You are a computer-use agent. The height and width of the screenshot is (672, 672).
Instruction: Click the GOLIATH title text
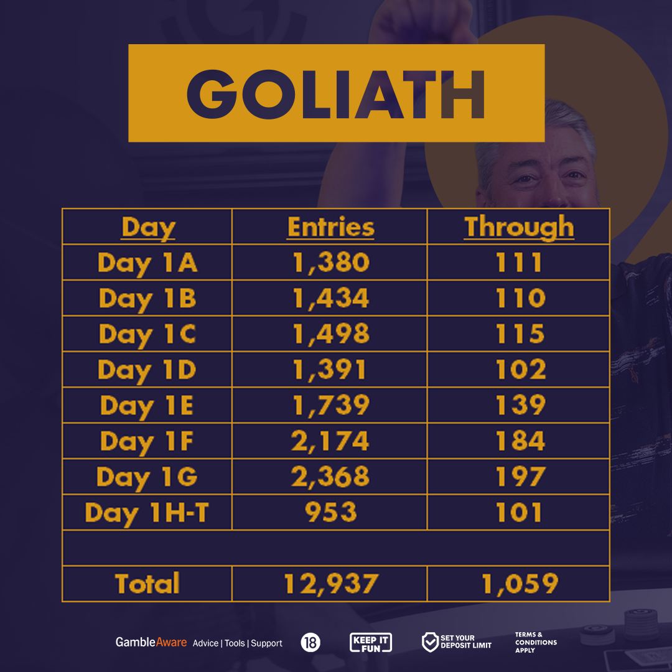(x=335, y=94)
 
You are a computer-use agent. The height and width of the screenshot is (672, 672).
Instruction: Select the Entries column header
(x=330, y=226)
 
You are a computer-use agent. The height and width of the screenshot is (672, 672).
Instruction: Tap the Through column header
(x=519, y=228)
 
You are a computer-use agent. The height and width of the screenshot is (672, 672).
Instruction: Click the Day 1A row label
(x=147, y=263)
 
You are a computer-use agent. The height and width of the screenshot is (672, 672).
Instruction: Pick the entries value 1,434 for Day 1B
(x=331, y=298)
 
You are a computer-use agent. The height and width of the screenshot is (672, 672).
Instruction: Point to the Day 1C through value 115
(x=520, y=334)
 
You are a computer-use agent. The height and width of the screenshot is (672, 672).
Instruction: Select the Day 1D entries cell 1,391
(x=330, y=370)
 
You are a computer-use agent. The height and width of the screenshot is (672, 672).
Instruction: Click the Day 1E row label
(x=147, y=406)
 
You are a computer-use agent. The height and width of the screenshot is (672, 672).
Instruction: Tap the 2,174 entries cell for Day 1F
(x=330, y=441)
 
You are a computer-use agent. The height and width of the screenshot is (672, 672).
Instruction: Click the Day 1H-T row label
(x=147, y=513)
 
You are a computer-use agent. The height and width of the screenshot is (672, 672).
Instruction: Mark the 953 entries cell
(x=330, y=511)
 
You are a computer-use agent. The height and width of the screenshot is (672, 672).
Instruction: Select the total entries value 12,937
(x=331, y=584)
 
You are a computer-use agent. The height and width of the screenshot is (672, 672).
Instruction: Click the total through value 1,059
(x=520, y=584)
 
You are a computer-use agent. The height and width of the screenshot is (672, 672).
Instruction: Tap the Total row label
(x=147, y=583)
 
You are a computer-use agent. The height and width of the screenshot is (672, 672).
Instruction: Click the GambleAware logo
(x=151, y=642)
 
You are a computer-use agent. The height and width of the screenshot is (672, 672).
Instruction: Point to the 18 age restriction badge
(x=310, y=642)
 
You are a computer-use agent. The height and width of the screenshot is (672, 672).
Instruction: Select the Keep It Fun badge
(x=371, y=642)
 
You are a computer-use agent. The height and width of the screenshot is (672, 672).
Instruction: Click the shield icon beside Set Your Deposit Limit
(x=429, y=642)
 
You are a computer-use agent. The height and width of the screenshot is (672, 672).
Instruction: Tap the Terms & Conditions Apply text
(x=536, y=642)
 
